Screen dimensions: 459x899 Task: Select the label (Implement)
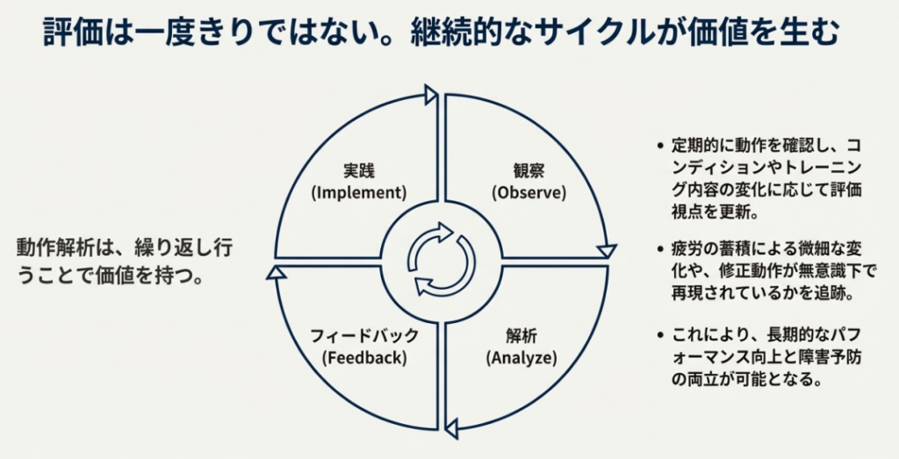[x=360, y=191]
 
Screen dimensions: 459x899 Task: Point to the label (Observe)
[x=529, y=191]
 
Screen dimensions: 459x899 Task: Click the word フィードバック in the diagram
[x=364, y=336]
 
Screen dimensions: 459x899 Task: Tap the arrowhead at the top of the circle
[x=430, y=95]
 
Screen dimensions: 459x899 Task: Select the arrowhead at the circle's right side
[x=606, y=251]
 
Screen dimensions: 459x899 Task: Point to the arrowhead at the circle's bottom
[x=451, y=428]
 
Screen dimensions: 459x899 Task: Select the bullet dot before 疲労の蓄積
[x=658, y=249]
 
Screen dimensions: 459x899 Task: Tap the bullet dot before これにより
[x=658, y=335]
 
